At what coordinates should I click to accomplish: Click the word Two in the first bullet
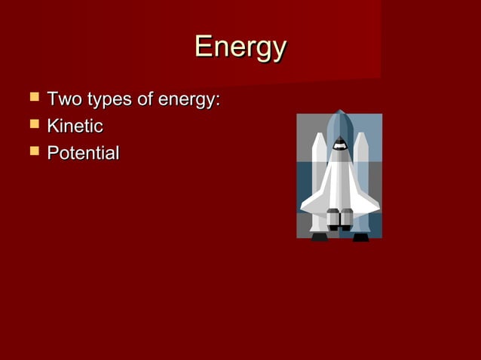63,99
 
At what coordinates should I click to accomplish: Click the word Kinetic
75,127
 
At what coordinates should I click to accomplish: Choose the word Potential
83,154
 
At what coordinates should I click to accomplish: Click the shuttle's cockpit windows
339,144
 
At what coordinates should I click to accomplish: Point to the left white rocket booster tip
319,136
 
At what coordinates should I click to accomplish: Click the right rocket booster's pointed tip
361,136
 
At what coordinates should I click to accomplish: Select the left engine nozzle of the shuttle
333,219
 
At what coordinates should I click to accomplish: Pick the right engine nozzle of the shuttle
347,219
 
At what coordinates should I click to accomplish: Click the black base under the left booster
320,236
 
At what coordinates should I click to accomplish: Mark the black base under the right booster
361,236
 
